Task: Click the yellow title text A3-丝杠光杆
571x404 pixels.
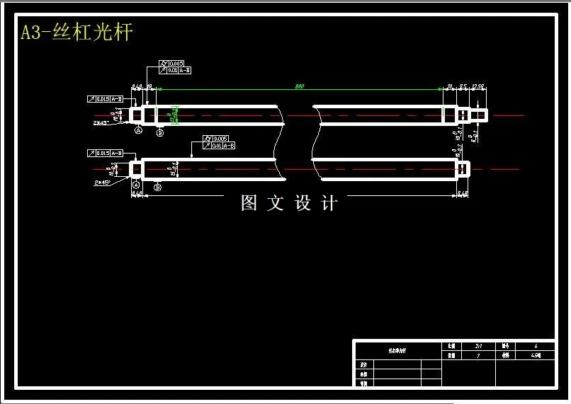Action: click(x=77, y=33)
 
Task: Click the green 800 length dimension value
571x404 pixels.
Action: click(x=300, y=86)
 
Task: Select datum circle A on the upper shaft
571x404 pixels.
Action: click(x=138, y=131)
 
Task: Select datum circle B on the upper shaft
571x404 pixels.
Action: click(x=159, y=132)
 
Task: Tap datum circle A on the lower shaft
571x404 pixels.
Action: click(x=135, y=184)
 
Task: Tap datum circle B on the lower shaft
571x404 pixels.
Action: click(x=157, y=187)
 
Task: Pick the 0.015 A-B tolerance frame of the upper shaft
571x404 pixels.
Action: click(x=106, y=99)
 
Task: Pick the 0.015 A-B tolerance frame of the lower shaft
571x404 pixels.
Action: click(x=106, y=153)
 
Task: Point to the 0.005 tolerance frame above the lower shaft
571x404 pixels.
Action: click(x=218, y=138)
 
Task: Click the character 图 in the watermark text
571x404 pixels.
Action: click(x=249, y=204)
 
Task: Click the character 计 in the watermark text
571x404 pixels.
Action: click(x=329, y=204)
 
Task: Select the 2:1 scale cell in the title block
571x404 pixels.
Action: click(x=478, y=346)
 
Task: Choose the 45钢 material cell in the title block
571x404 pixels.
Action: click(x=536, y=356)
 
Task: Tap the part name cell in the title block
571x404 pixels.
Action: click(x=397, y=350)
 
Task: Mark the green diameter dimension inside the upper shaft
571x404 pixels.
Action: click(x=174, y=115)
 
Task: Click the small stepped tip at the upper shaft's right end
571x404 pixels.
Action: click(x=480, y=115)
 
